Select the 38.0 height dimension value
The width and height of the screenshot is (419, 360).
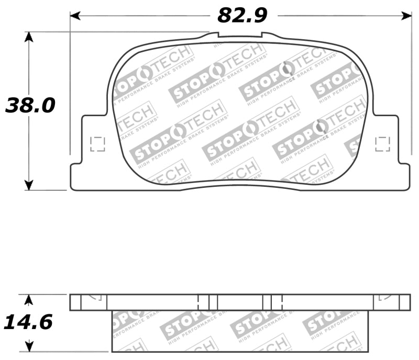30,106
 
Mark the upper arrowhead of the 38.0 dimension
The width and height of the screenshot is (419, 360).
29,37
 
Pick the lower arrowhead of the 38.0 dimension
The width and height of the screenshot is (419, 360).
29,184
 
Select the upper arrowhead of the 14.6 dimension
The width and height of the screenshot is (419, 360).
29,299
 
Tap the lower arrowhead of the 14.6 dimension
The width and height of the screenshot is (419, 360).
29,346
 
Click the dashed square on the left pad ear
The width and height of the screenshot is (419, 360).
97,144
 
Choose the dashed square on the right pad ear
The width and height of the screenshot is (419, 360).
383,144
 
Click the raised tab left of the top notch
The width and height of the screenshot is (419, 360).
210,35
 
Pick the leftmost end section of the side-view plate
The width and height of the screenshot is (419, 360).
76,302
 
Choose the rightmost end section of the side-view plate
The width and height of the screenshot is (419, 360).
405,302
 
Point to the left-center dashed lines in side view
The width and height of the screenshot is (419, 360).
203,302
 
